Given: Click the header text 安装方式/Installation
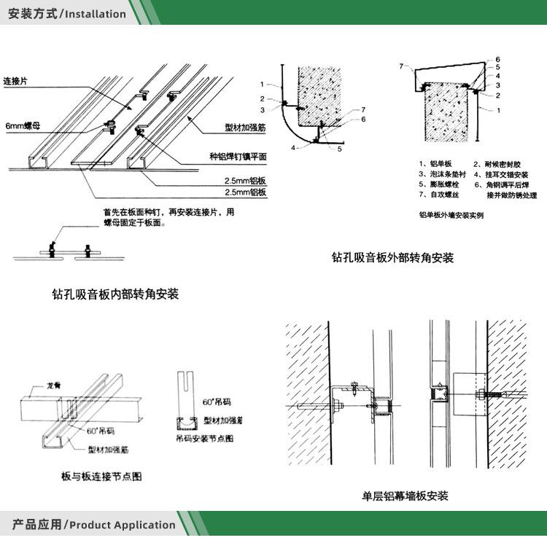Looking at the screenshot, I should point(66,13).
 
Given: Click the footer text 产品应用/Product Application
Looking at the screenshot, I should point(93,524).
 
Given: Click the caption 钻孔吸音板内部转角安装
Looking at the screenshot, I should point(115,294).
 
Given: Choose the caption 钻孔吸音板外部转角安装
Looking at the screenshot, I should point(392,257).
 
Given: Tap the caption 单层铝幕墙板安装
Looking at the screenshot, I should point(405,496).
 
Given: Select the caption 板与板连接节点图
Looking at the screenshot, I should point(101,477).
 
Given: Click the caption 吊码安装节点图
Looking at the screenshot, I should point(204,438).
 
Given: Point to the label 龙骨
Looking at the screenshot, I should point(53,384).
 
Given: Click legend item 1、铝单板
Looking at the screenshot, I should point(435,164).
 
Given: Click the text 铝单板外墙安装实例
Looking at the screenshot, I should point(451,215).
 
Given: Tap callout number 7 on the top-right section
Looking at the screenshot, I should point(401,66).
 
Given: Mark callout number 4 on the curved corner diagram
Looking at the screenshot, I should point(293,147).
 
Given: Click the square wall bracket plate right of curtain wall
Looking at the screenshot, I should point(467,393).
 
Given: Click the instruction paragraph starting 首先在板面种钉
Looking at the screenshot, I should point(168,217).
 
